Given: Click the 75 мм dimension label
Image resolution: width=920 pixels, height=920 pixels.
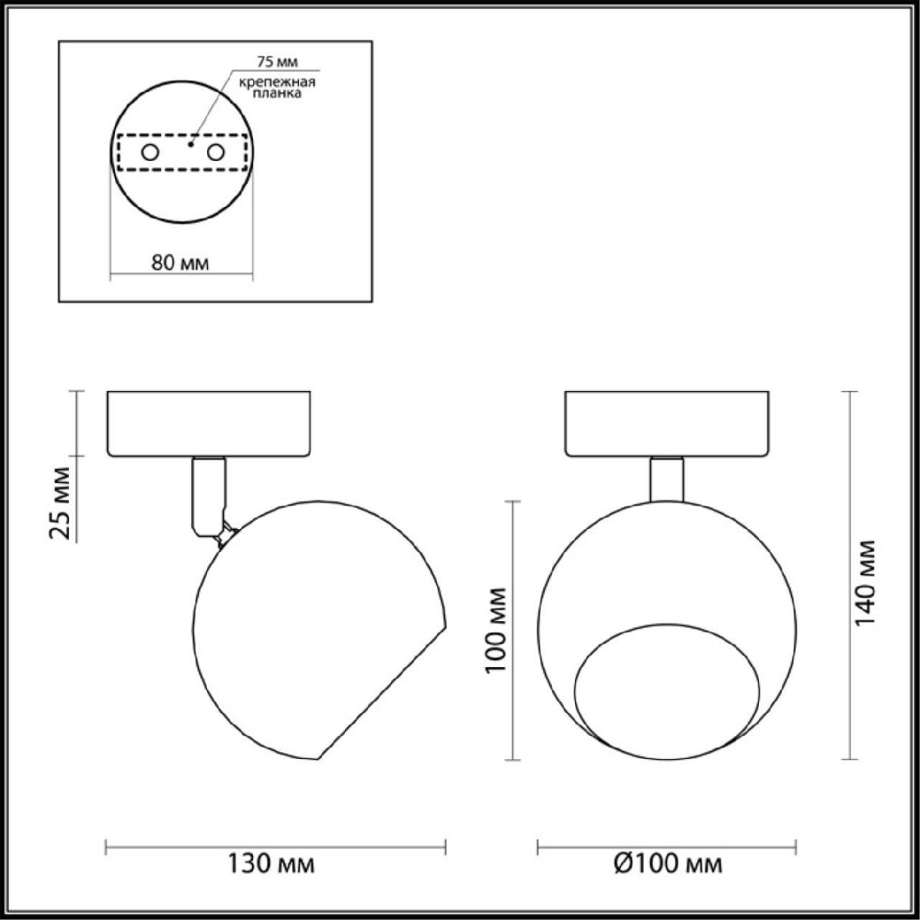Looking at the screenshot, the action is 277,61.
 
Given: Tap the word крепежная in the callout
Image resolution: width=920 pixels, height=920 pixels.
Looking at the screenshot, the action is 278,82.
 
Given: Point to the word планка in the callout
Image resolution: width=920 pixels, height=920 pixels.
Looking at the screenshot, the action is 277,93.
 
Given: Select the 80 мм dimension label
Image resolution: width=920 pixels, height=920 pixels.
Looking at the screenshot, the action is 180,263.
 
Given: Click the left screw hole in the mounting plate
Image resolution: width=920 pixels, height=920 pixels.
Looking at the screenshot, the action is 150,153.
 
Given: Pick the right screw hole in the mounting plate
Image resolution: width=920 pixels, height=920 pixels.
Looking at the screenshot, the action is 215,153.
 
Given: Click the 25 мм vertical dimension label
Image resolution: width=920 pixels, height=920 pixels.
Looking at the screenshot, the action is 60,503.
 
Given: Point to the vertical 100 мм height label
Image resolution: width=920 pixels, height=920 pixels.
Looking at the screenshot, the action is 495,630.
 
